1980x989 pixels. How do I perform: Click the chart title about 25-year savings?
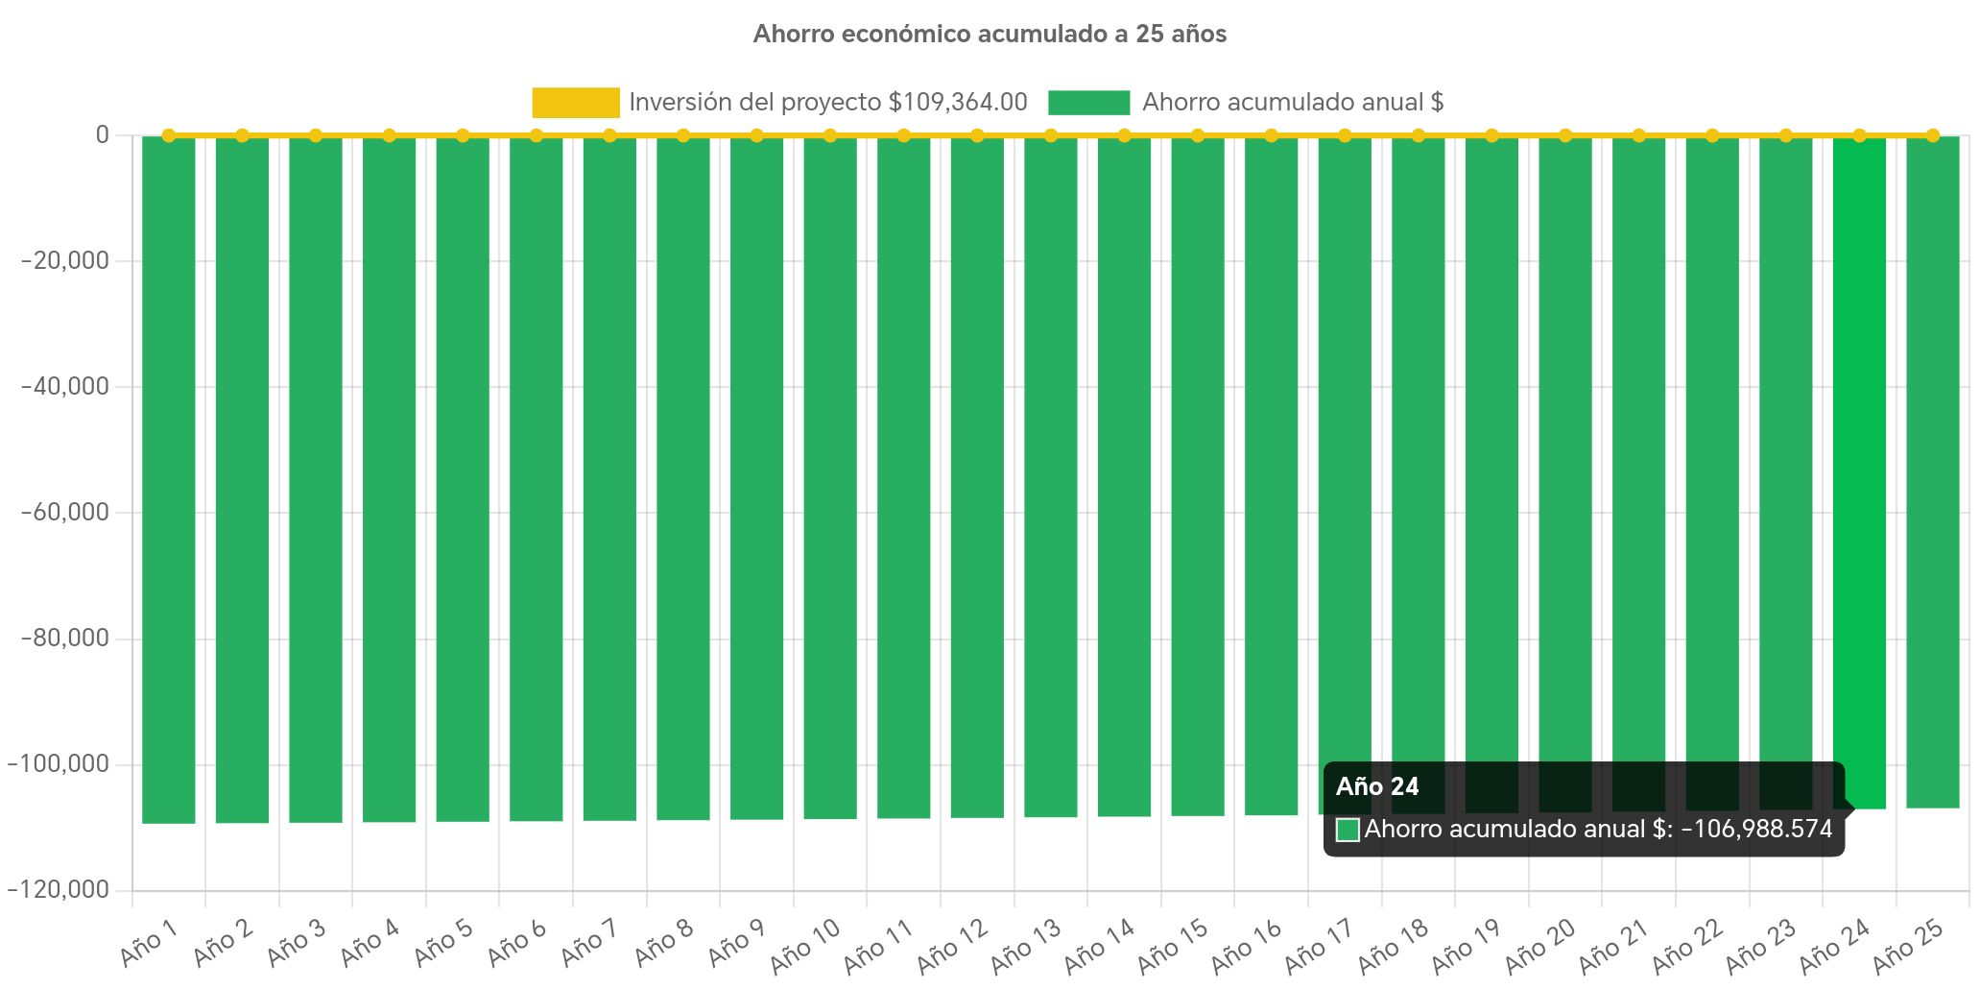(x=990, y=35)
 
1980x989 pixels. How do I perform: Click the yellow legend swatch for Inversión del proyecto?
(x=575, y=103)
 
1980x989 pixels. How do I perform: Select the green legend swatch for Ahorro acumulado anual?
(x=1088, y=103)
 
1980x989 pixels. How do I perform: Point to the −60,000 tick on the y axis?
(x=65, y=513)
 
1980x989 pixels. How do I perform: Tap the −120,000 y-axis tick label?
(x=60, y=890)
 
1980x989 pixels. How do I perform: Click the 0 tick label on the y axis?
(x=102, y=135)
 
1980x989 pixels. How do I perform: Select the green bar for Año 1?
(x=169, y=480)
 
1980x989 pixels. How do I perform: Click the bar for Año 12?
(x=977, y=480)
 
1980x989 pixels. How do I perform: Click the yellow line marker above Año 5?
(x=463, y=135)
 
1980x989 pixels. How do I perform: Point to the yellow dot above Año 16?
(x=1271, y=135)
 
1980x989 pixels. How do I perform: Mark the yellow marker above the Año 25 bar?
(x=1932, y=135)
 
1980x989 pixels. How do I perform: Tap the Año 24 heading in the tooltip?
(x=1377, y=787)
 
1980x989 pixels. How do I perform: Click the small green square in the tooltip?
(x=1348, y=831)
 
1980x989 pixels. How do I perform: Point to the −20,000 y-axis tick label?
(x=65, y=261)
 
